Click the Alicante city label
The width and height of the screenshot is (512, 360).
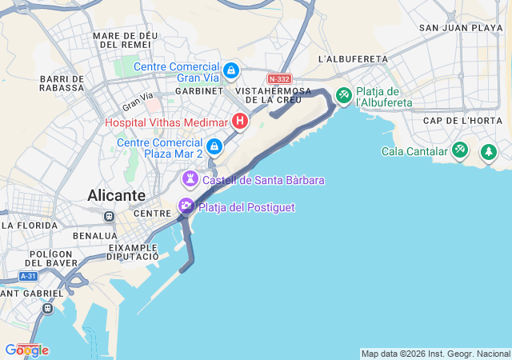point(117,196)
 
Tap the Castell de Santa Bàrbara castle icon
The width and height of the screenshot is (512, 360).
point(190,178)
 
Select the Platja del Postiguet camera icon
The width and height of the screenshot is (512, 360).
point(186,206)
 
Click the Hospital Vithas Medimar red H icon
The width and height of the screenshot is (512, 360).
point(238,122)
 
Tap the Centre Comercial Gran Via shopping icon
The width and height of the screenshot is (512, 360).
point(231,71)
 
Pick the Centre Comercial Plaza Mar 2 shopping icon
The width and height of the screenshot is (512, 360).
point(214,146)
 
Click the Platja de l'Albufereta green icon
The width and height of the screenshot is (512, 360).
point(344,96)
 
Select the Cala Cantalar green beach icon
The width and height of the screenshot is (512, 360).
point(459,150)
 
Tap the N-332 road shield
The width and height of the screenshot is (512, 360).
point(279,79)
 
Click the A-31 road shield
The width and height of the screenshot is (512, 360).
point(28,276)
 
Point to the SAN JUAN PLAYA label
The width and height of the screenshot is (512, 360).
point(461,27)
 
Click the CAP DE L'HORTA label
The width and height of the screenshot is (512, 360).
point(462,121)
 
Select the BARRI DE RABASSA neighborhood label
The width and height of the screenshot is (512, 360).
point(62,83)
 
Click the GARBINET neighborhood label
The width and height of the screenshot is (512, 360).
point(193,91)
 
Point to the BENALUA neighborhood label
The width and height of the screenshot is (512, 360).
point(96,237)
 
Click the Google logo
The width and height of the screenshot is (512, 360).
point(26,350)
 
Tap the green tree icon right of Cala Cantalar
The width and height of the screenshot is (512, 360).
point(488,151)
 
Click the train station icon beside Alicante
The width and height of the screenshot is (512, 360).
point(109,216)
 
